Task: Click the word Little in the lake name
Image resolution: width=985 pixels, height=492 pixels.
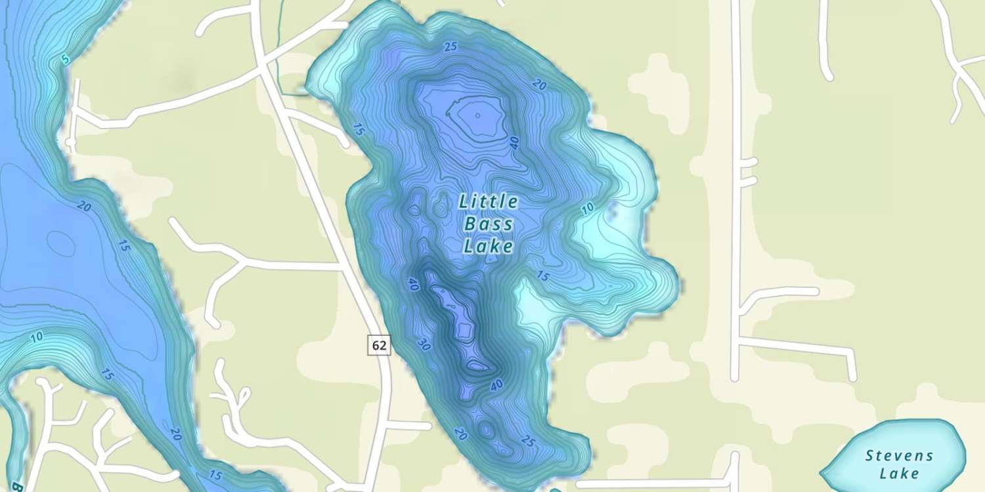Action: (x=489, y=201)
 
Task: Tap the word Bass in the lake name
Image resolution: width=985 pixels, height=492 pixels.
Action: (x=489, y=224)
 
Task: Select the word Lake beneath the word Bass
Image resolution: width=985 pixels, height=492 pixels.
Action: (x=488, y=247)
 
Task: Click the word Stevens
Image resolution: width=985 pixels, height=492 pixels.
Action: (x=899, y=455)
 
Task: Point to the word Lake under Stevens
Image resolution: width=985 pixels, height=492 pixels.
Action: (x=899, y=473)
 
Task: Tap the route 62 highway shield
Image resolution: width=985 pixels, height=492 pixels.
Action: (x=380, y=345)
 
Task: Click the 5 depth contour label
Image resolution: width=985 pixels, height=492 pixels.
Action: (x=65, y=60)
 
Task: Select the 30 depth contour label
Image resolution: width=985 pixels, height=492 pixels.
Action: (x=424, y=344)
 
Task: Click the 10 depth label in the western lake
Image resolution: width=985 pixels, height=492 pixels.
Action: (x=37, y=337)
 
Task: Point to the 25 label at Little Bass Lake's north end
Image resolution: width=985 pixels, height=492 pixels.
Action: (x=450, y=46)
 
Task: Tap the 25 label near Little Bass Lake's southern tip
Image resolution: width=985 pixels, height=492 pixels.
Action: (x=527, y=441)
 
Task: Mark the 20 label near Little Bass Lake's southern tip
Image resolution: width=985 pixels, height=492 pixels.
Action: (x=460, y=434)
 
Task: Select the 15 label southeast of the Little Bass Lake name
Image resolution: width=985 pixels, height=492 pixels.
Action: (x=542, y=276)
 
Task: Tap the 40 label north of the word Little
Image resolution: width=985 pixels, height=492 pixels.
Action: (x=514, y=142)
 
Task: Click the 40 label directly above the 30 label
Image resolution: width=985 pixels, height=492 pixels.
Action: (x=413, y=284)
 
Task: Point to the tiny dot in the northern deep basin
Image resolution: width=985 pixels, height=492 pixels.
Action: (x=477, y=115)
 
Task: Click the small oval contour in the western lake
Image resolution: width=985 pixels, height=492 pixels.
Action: (x=60, y=243)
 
